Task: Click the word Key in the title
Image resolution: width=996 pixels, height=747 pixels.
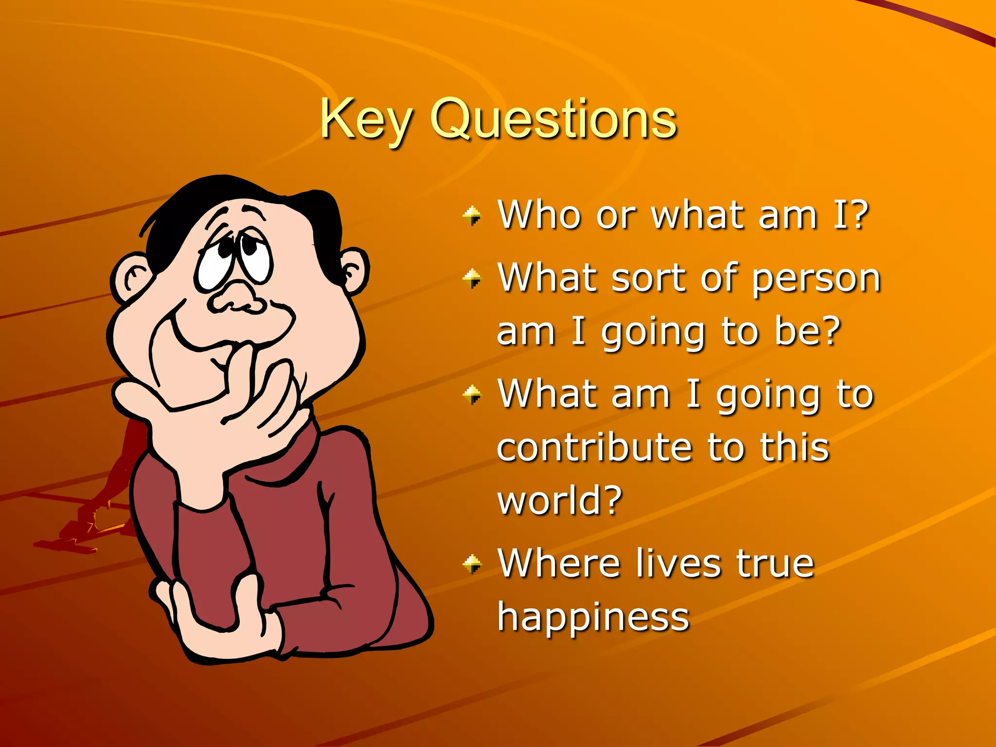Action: coord(366,120)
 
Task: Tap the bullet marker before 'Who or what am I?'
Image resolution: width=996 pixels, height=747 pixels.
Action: coord(472,215)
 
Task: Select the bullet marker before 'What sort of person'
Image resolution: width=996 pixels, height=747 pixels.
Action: coord(472,279)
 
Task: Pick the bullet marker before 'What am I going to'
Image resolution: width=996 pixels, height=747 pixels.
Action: coord(472,394)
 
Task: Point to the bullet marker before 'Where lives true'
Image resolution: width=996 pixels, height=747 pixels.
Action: coord(472,564)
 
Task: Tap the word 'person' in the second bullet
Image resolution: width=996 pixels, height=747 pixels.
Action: coord(817,279)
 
